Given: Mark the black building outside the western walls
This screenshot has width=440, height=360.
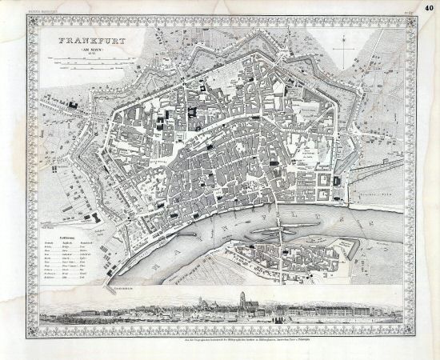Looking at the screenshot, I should pos(74,105).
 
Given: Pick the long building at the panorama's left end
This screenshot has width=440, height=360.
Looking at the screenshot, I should pos(68,311).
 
